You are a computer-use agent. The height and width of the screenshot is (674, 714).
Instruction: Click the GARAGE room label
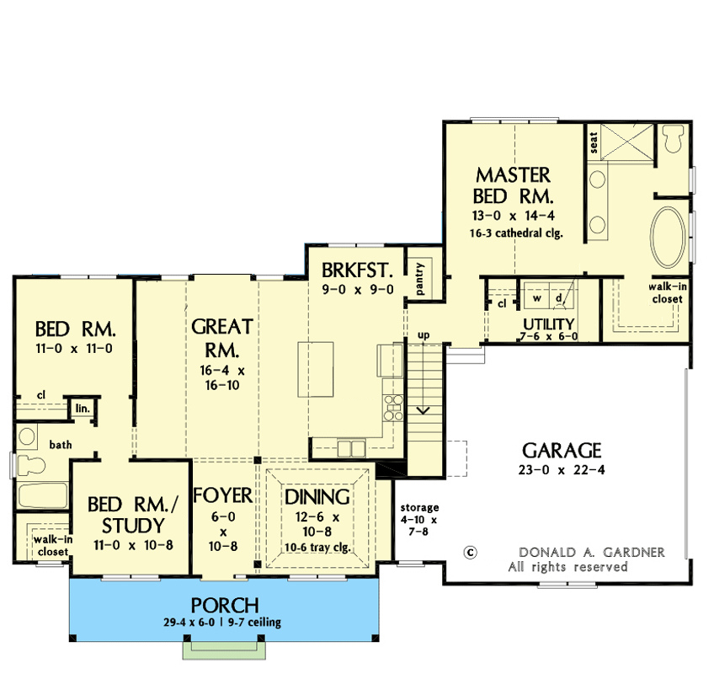click(x=562, y=450)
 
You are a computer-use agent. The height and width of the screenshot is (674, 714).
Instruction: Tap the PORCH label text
click(x=225, y=606)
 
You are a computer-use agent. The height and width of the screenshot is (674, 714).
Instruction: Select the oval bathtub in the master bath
click(x=668, y=237)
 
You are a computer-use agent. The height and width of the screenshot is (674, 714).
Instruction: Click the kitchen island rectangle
click(x=316, y=370)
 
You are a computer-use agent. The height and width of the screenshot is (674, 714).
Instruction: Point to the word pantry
click(x=419, y=278)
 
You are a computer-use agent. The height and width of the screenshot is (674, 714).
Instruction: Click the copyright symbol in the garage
click(x=470, y=553)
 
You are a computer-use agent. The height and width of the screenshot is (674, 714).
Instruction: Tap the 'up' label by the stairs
click(x=424, y=335)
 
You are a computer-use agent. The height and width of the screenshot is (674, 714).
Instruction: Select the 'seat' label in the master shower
click(x=594, y=142)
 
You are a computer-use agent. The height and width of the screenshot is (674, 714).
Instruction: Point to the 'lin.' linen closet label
click(x=83, y=409)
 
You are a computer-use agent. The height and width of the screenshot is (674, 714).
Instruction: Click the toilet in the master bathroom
click(x=674, y=138)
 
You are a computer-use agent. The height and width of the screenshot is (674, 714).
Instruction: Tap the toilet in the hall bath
click(x=30, y=466)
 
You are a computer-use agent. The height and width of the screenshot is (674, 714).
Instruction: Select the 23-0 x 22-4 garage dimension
click(x=562, y=470)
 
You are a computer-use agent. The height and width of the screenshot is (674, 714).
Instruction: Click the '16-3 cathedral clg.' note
click(x=516, y=233)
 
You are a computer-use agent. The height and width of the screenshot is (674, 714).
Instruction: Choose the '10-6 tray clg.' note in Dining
click(x=317, y=548)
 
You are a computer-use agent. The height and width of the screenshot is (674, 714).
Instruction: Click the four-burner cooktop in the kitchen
click(x=393, y=408)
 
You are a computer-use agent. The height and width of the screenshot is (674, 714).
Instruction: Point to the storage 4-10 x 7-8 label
click(x=419, y=520)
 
